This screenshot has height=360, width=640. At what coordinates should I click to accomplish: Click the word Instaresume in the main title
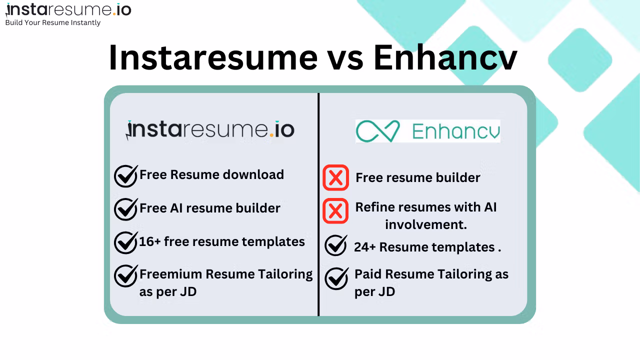[x=213, y=57]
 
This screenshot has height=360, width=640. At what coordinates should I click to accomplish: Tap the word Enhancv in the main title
[x=445, y=57]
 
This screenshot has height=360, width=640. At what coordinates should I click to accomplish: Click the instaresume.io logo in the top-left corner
[x=68, y=9]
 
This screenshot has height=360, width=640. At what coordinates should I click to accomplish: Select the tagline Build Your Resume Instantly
[x=53, y=22]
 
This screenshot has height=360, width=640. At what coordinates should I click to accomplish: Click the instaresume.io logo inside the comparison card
[x=210, y=130]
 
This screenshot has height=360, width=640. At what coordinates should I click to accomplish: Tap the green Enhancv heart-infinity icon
[x=377, y=131]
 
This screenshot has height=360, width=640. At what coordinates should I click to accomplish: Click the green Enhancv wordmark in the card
[x=456, y=131]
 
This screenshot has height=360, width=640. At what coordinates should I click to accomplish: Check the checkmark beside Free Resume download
[x=126, y=176]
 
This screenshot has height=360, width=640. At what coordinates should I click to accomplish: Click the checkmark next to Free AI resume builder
[x=126, y=209]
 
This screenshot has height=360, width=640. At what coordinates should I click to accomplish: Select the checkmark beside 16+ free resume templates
[x=126, y=242]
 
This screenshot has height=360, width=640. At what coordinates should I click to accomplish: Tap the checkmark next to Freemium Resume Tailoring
[x=126, y=275]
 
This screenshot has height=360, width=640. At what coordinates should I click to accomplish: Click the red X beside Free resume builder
[x=335, y=177]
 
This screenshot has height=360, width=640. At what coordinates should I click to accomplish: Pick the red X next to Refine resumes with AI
[x=335, y=211]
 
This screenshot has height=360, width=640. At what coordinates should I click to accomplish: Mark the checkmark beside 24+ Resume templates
[x=336, y=245]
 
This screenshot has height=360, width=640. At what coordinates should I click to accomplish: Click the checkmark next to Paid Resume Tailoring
[x=337, y=278]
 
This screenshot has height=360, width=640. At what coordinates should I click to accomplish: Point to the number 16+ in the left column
[x=150, y=241]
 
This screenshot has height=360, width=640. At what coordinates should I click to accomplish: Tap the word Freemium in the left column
[x=171, y=274]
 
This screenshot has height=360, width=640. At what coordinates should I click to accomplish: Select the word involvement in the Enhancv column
[x=425, y=224]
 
